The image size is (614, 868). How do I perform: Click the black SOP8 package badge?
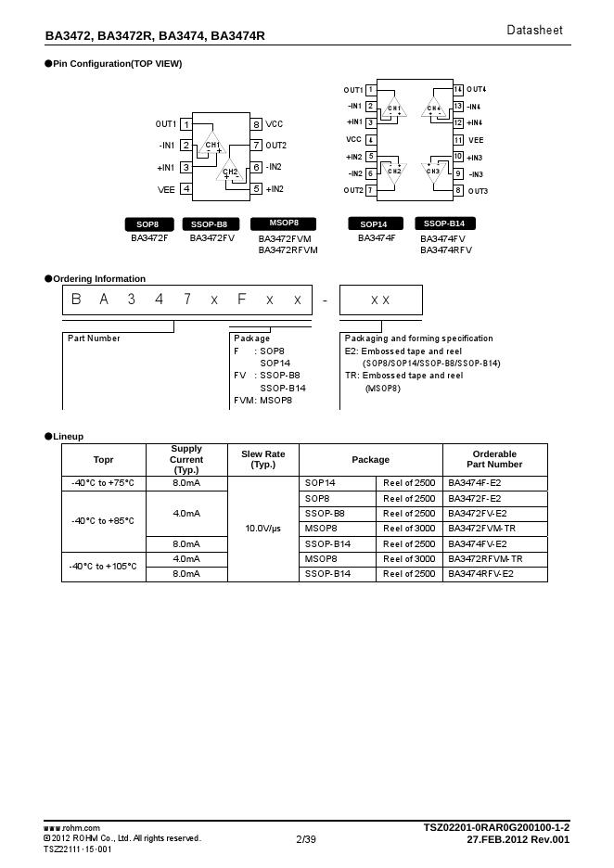[148, 224]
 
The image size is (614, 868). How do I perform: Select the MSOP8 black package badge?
[284, 223]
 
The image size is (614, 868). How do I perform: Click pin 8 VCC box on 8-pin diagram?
[256, 124]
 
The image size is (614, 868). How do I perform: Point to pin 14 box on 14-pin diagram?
[458, 90]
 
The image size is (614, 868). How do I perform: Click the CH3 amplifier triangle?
[434, 170]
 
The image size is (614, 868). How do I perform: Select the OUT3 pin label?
[478, 191]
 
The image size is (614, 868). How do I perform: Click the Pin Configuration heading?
[117, 64]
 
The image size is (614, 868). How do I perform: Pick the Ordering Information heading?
[99, 278]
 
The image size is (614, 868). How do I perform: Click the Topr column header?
[104, 460]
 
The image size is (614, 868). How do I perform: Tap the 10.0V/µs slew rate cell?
[263, 529]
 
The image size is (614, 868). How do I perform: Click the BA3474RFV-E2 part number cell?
[481, 574]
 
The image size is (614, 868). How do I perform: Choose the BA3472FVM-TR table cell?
[481, 529]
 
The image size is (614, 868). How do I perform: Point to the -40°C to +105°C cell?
[104, 567]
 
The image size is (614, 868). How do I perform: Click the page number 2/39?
[306, 839]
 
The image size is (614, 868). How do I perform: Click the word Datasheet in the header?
[534, 31]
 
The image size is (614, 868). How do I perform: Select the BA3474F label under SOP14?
[377, 238]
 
